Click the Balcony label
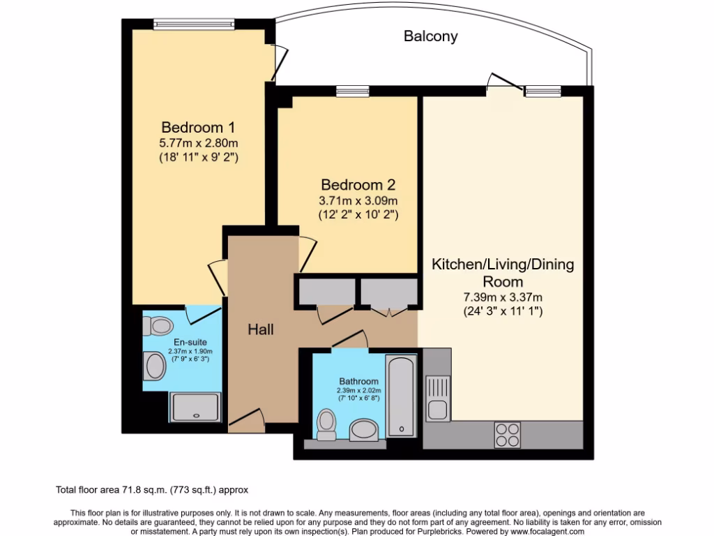[430, 36]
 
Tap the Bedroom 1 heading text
[198, 128]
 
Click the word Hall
[261, 329]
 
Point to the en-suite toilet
[158, 325]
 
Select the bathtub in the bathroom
[401, 395]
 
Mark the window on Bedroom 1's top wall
[194, 24]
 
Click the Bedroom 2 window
[352, 91]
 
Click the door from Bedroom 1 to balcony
[279, 63]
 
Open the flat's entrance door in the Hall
[245, 417]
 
